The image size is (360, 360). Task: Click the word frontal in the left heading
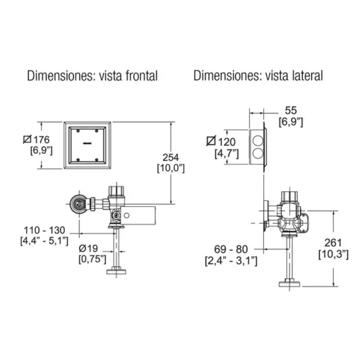141,76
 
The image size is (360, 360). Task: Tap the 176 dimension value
42,140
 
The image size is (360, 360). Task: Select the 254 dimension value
171,157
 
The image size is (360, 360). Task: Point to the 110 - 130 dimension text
44,230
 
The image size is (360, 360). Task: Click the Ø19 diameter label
88,248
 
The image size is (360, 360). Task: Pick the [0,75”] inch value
92,259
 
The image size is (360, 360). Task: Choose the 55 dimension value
291,110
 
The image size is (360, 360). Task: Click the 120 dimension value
227,142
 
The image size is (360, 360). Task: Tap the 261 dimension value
333,243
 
